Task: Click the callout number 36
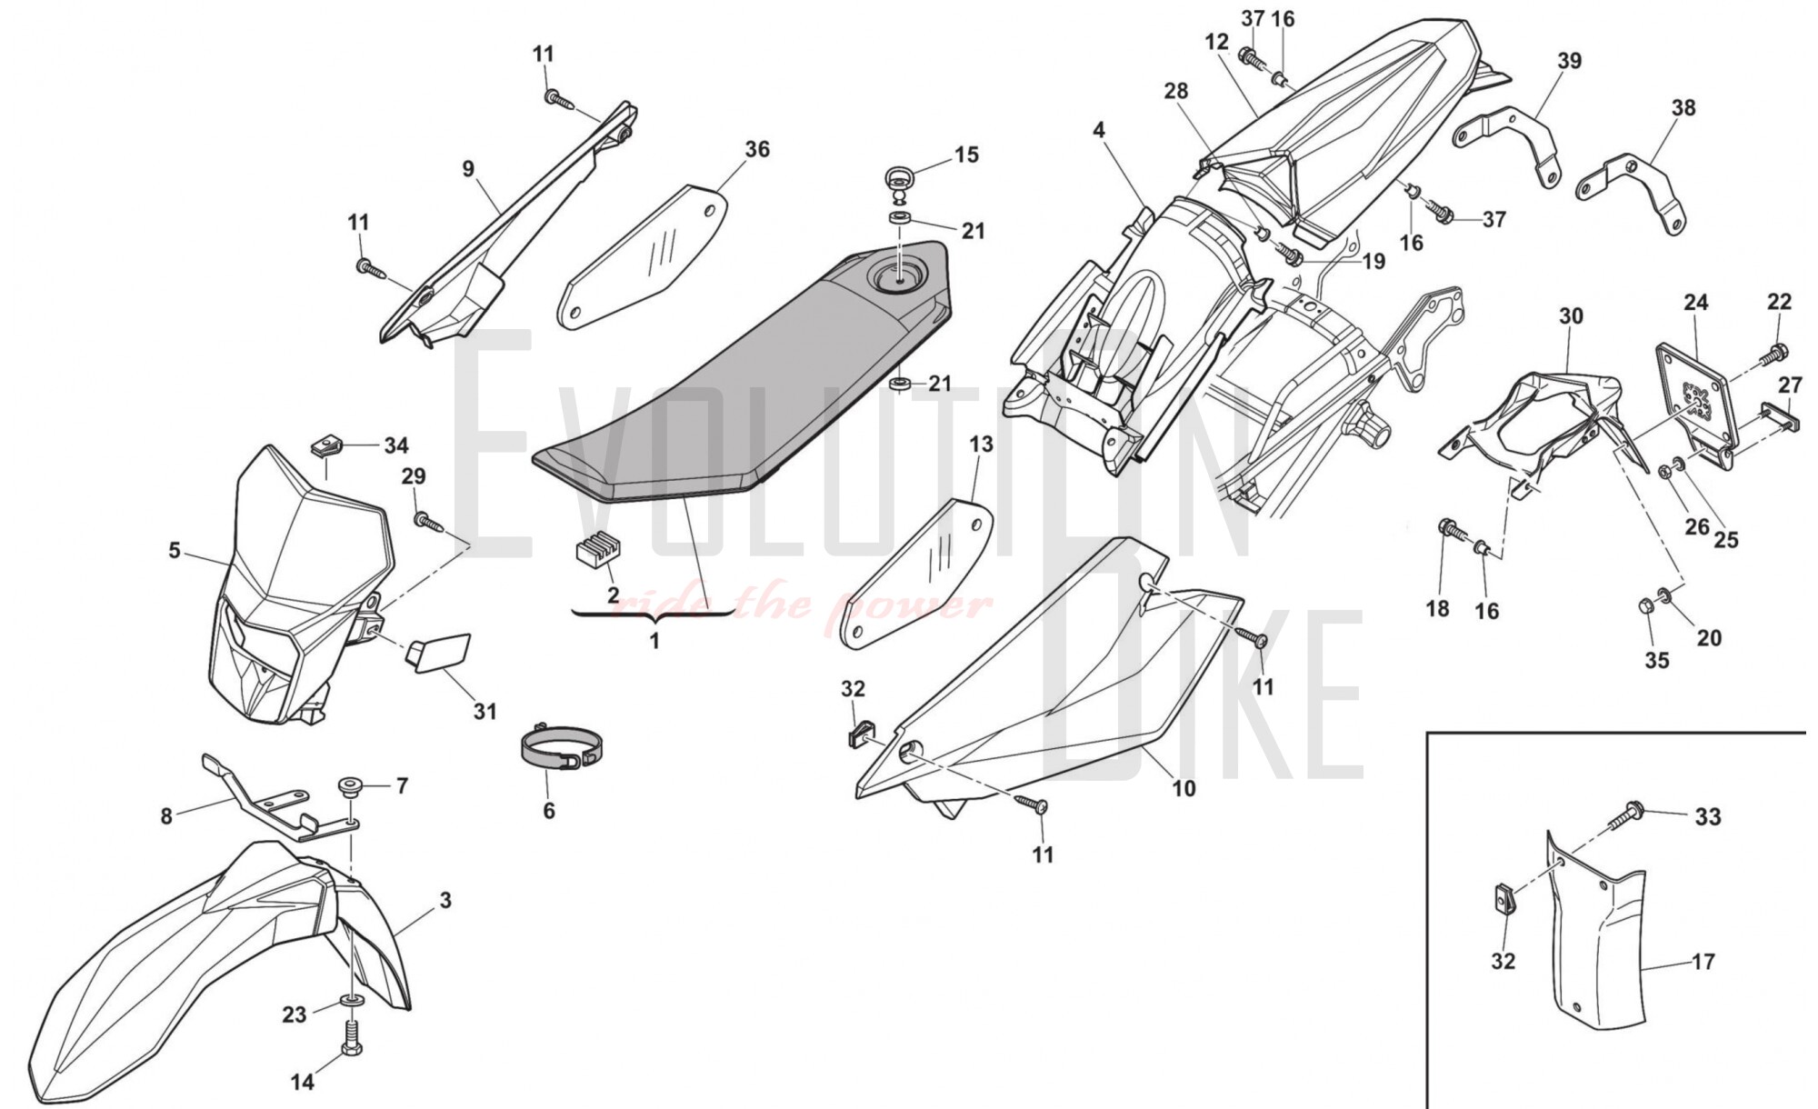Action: click(756, 149)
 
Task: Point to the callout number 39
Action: click(1569, 61)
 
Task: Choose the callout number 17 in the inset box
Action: click(1703, 961)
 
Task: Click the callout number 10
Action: click(1184, 788)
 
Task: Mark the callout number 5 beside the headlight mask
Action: click(175, 551)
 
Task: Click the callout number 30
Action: click(1571, 316)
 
